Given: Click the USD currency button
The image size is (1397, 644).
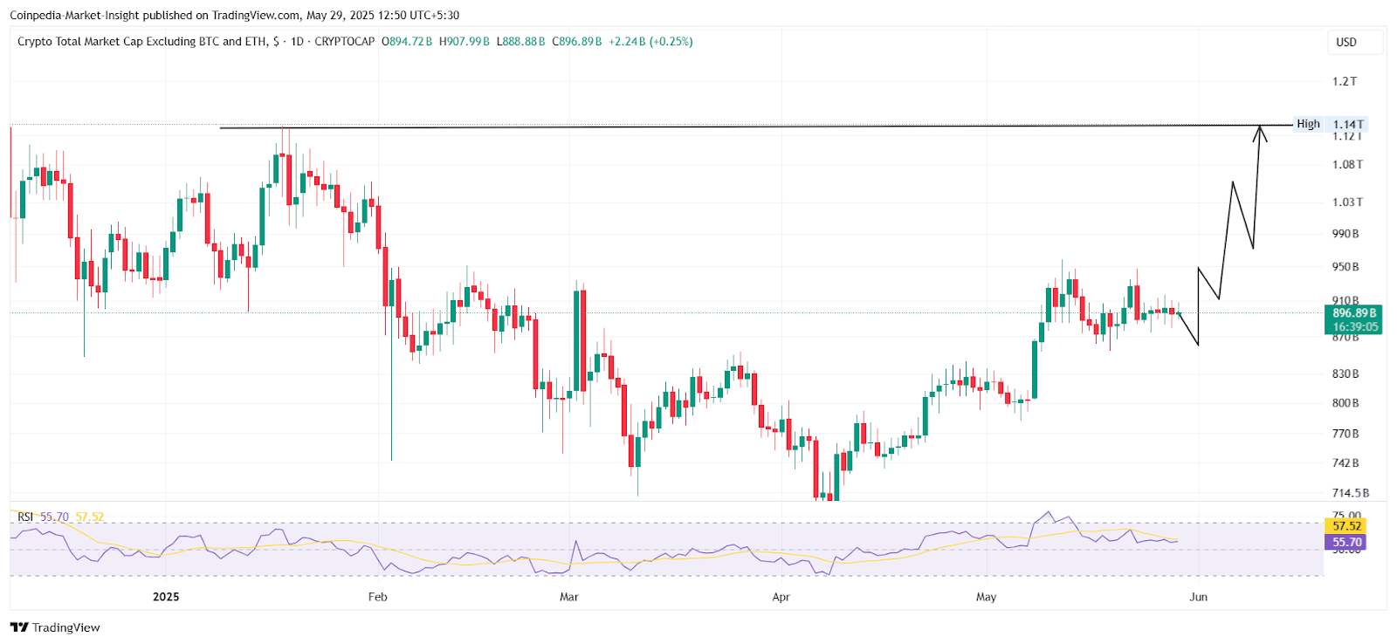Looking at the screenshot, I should [1346, 42].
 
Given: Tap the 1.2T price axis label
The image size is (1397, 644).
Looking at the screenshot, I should [1345, 81].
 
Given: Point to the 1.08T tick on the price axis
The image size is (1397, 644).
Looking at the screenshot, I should [1347, 164].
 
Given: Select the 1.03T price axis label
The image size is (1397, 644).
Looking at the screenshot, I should [1347, 202].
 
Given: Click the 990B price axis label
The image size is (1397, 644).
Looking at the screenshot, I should [1345, 234].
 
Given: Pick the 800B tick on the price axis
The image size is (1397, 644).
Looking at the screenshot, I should [1345, 403].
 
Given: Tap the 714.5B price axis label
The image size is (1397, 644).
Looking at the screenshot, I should [1351, 493].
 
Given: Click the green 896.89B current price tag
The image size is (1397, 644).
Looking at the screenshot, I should [1353, 312].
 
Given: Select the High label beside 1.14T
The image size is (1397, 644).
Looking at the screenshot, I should [1308, 124].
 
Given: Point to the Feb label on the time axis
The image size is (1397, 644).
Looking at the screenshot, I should [377, 597].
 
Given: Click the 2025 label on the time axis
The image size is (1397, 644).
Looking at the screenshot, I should [166, 597].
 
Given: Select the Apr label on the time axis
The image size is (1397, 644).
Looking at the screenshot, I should [781, 597].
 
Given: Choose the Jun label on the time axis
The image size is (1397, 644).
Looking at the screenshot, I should [1198, 597].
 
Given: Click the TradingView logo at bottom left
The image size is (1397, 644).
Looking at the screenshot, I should [55, 627].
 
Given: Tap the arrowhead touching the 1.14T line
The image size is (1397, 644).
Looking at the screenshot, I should [1260, 133].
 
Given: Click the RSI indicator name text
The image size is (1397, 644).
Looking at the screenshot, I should [25, 517].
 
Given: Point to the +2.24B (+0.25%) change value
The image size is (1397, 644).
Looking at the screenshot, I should [650, 42].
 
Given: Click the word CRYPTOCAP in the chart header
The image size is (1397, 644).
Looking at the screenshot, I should [344, 42].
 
